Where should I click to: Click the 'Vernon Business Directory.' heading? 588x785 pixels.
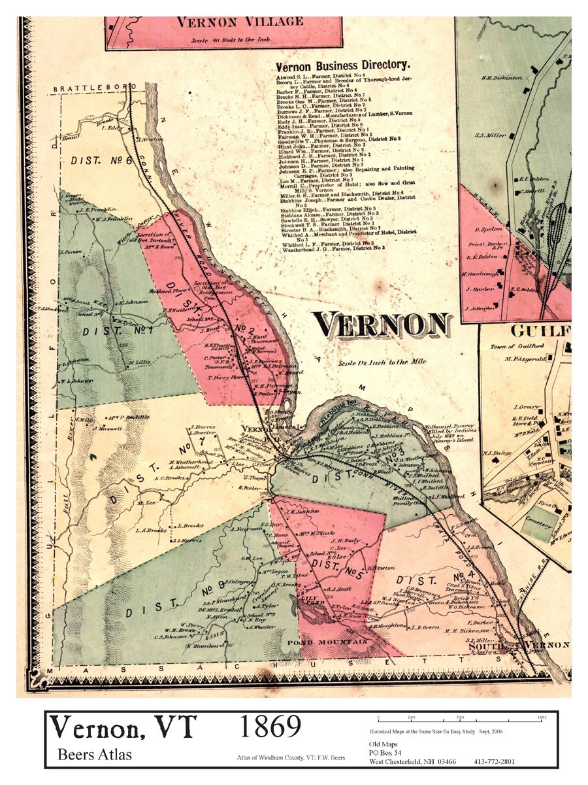coord(342,66)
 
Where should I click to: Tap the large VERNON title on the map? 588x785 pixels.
coord(382,324)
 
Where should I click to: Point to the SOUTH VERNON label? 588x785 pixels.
coord(520,645)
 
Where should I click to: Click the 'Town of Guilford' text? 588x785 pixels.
coord(512,346)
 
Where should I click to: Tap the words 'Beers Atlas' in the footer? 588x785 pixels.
coord(95,754)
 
